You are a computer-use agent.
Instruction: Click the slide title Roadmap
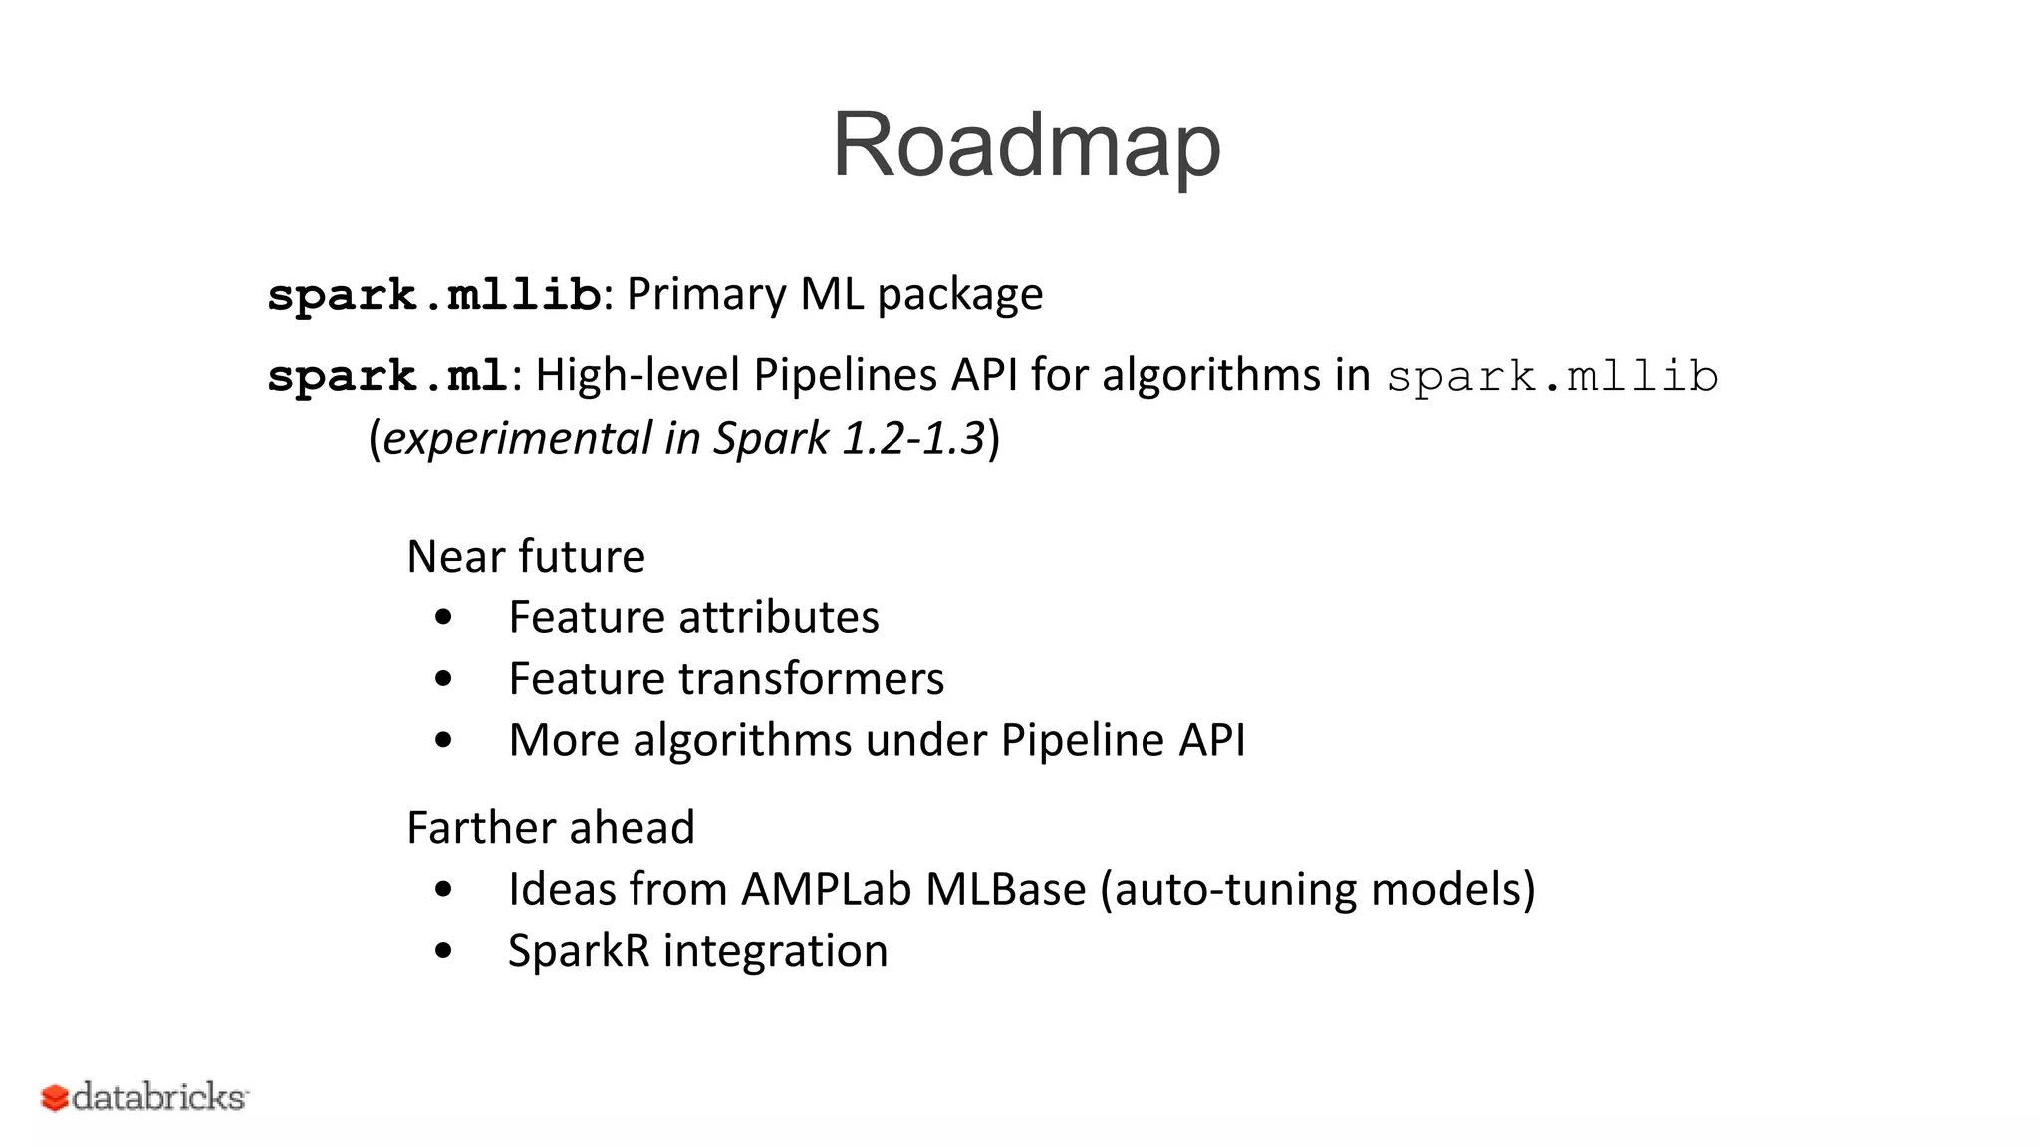tap(1026, 146)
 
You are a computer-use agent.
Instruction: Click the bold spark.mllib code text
tap(434, 296)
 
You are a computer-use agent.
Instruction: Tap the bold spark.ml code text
tap(388, 377)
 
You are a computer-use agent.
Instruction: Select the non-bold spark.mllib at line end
tap(1552, 377)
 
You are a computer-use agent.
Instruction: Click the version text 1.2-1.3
tap(913, 439)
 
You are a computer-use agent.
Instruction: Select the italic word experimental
tap(517, 439)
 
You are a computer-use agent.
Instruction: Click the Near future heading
tap(526, 556)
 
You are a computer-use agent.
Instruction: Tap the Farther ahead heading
tap(551, 828)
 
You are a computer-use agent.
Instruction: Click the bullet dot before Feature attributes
tap(444, 618)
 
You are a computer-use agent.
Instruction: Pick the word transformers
tap(812, 679)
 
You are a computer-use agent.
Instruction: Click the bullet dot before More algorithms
tap(444, 741)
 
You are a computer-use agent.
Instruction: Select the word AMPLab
tap(826, 889)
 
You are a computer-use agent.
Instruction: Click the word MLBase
tap(1005, 889)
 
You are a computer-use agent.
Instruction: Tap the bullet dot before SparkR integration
tap(444, 951)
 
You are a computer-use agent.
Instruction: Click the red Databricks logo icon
tap(54, 1098)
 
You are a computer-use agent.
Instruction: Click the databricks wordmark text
tap(159, 1097)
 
